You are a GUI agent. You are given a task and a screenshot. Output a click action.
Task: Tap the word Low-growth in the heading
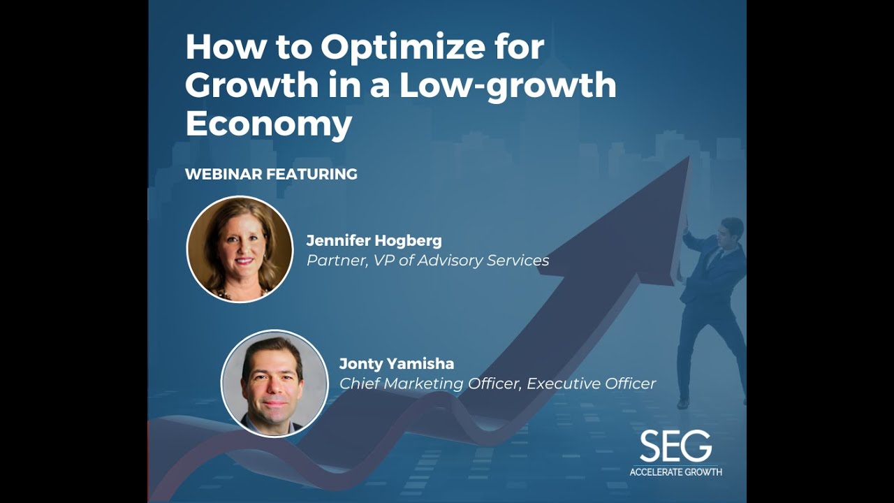point(508,85)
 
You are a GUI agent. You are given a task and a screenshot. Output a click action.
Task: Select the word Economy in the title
point(268,124)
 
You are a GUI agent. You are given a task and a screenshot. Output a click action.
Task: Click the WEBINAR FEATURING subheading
point(271,174)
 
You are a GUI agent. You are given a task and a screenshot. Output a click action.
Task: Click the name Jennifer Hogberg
point(374,241)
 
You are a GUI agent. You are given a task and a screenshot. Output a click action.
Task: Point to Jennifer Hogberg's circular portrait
point(240,249)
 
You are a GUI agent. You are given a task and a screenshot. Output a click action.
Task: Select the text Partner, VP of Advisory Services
point(427,261)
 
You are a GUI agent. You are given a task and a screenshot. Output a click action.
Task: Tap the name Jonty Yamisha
point(396,363)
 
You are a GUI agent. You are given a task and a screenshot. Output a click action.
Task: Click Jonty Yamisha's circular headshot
point(274,383)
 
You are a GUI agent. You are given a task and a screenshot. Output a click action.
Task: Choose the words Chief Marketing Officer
point(430,384)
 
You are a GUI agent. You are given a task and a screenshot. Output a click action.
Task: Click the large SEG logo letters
point(675,446)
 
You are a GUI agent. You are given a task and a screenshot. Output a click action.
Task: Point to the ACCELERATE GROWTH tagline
point(675,472)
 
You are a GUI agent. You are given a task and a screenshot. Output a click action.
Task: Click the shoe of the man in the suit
point(683,404)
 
